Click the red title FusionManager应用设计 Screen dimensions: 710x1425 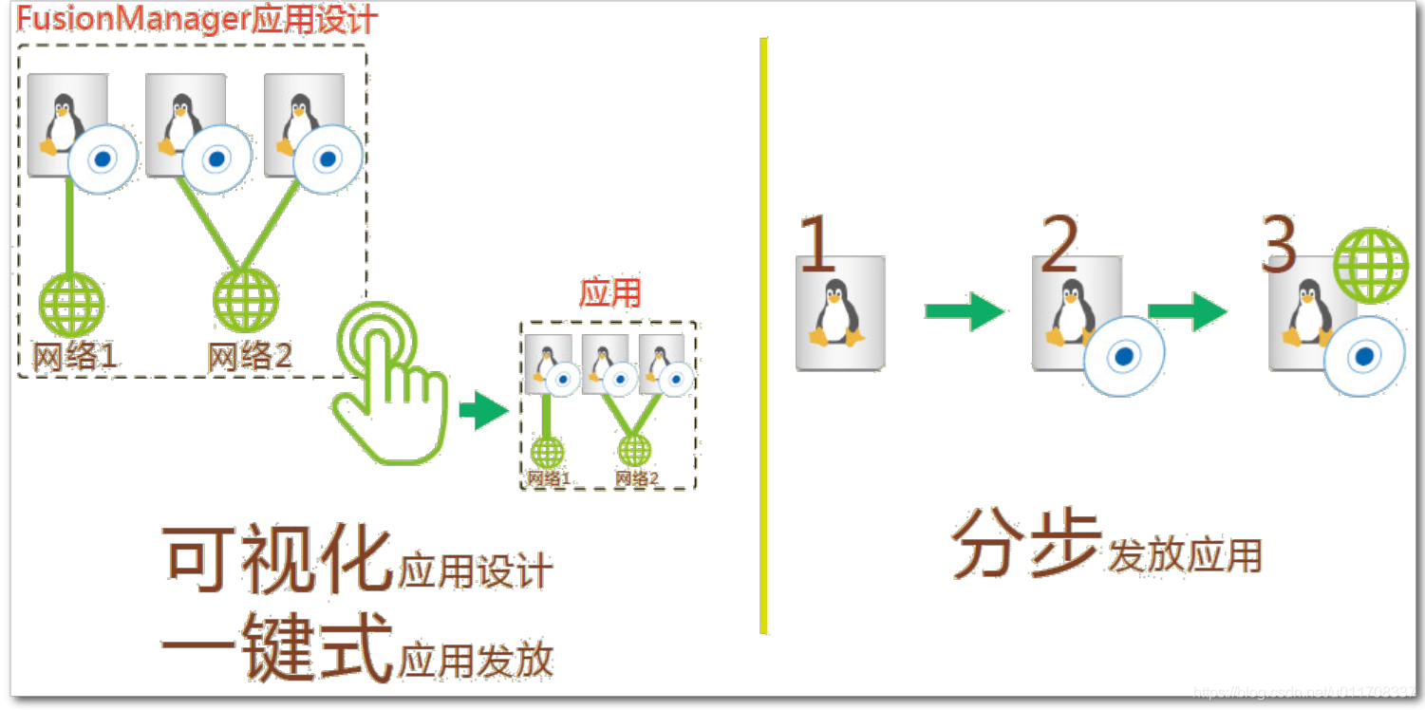(197, 20)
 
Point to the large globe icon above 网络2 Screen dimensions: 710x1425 (246, 300)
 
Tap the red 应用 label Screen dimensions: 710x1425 (609, 293)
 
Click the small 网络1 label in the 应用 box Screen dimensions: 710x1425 (549, 478)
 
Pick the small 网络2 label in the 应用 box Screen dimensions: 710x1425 (636, 478)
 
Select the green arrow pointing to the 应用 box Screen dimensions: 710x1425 (483, 412)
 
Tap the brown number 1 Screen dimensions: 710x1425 (819, 244)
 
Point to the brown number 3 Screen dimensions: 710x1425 (1279, 243)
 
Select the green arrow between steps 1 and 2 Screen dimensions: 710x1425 (964, 311)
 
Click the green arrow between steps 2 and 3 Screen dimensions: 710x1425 (1187, 311)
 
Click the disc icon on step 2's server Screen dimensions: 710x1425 (1124, 356)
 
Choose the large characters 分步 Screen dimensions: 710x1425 (1026, 545)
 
